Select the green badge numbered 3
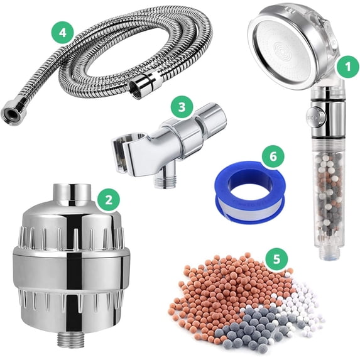point(182,106)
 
